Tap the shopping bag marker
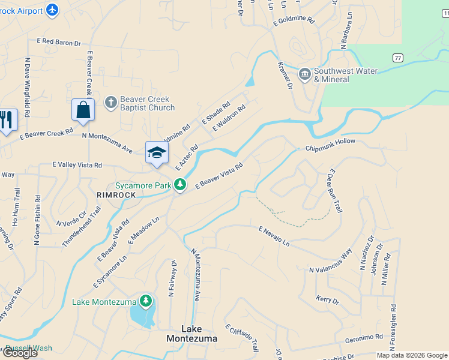[x=83, y=110]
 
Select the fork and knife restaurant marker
[x=7, y=119]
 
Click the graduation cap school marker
[x=157, y=152]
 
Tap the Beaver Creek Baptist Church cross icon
[x=110, y=103]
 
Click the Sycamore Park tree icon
[x=179, y=185]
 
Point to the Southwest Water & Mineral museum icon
[x=305, y=74]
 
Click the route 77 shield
[x=397, y=58]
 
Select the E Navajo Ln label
[x=274, y=236]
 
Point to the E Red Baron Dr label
[x=58, y=41]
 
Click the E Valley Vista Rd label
[x=77, y=164]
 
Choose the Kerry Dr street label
[x=327, y=299]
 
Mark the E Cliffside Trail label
[x=242, y=338]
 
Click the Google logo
[x=19, y=353]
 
